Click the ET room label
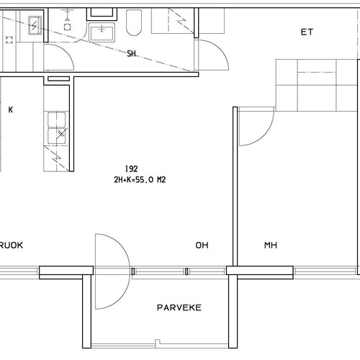[307, 32]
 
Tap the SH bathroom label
[131, 53]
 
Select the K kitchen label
[11, 110]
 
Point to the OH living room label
[202, 246]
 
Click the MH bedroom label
[271, 246]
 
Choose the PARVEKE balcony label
[179, 307]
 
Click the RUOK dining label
[12, 246]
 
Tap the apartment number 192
[132, 169]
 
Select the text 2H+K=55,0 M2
[140, 180]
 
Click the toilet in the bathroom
[134, 23]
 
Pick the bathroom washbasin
[102, 32]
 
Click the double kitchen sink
[57, 128]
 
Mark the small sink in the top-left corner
[35, 25]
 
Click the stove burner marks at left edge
[9, 40]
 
